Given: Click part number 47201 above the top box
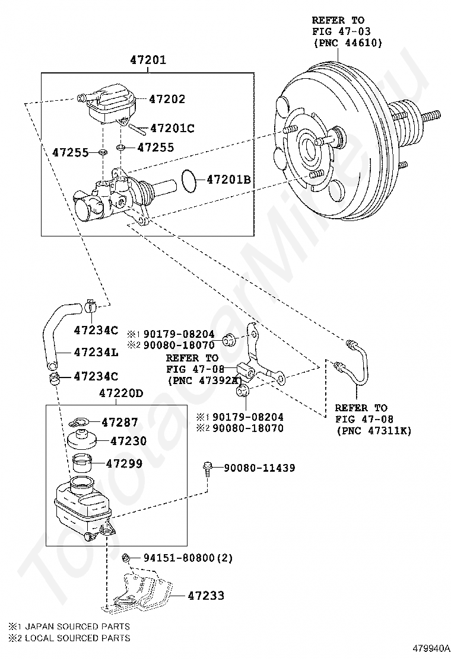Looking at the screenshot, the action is [x=148, y=60].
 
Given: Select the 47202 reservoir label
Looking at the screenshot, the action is [x=167, y=99].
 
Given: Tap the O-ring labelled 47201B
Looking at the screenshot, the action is [x=189, y=180].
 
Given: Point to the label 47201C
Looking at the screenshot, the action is [x=173, y=128].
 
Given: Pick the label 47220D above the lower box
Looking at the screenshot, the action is [x=121, y=394].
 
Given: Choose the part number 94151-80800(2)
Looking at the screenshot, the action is [x=188, y=558].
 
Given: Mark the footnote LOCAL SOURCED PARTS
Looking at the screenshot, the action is [x=78, y=638].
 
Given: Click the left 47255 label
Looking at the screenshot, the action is [x=70, y=152].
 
